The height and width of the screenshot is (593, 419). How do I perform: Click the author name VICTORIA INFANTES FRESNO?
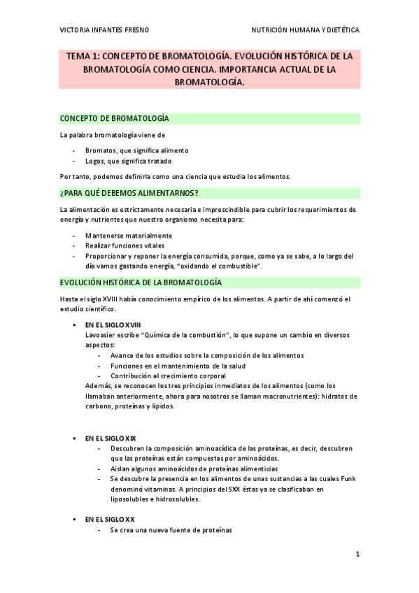[x=104, y=30]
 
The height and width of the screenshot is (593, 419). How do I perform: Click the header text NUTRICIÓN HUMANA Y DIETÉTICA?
[x=306, y=30]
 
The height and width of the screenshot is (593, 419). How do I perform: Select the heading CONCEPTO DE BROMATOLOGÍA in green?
[x=114, y=119]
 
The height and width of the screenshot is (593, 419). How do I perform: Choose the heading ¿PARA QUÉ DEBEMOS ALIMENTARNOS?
[x=129, y=192]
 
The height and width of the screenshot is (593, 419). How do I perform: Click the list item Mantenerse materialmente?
[x=129, y=236]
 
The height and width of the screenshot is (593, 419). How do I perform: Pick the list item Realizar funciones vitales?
[x=127, y=245]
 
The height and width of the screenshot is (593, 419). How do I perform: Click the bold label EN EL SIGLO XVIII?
[x=113, y=325]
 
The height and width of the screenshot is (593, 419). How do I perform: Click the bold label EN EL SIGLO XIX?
[x=111, y=438]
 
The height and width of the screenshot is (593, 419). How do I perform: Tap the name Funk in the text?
[x=348, y=478]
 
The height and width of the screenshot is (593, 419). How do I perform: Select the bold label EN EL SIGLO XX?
[x=109, y=520]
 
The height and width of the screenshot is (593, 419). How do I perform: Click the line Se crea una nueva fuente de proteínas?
[x=170, y=530]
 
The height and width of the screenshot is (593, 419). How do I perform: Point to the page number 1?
[x=357, y=555]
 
